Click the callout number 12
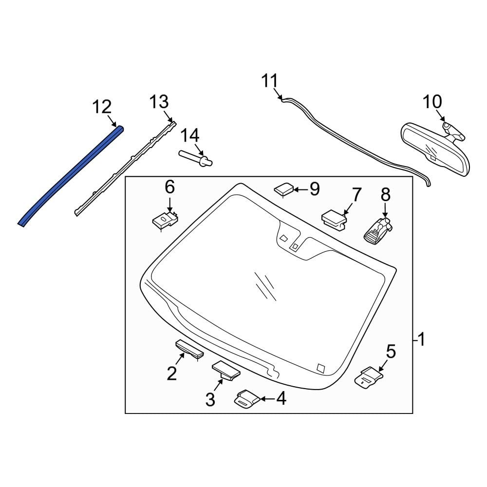click(x=102, y=107)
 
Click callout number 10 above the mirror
click(x=432, y=102)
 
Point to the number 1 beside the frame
click(x=421, y=339)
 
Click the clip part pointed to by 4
click(x=246, y=399)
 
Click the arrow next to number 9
click(x=300, y=188)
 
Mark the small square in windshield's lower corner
click(x=320, y=367)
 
